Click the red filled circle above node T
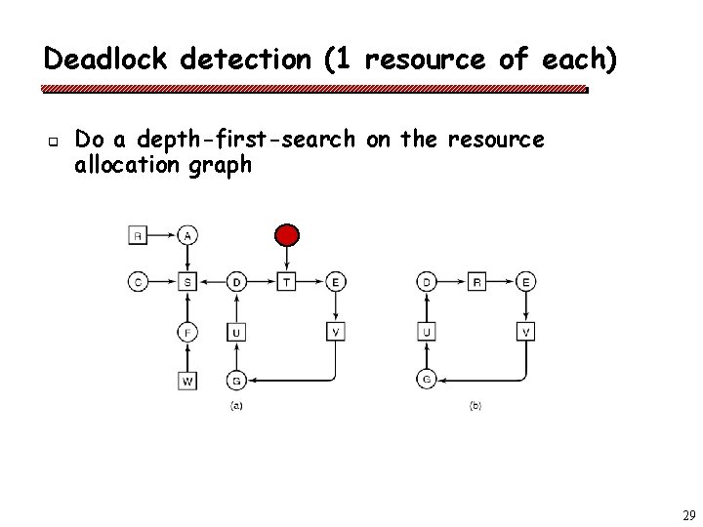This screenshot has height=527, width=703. (286, 234)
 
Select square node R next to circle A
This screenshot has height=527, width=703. (138, 234)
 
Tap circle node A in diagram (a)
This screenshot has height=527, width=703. (187, 234)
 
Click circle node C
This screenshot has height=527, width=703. (138, 283)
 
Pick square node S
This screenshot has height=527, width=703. (187, 283)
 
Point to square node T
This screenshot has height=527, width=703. (286, 283)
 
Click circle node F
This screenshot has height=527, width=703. (187, 332)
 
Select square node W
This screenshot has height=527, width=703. (187, 380)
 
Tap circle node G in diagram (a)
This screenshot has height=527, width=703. (236, 380)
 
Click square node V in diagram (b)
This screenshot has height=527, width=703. (526, 332)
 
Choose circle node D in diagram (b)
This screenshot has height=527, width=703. (427, 283)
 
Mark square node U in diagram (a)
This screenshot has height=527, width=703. (236, 332)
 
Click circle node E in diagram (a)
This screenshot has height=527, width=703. (336, 283)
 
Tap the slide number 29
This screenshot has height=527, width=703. (687, 514)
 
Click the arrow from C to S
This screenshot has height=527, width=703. (162, 283)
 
